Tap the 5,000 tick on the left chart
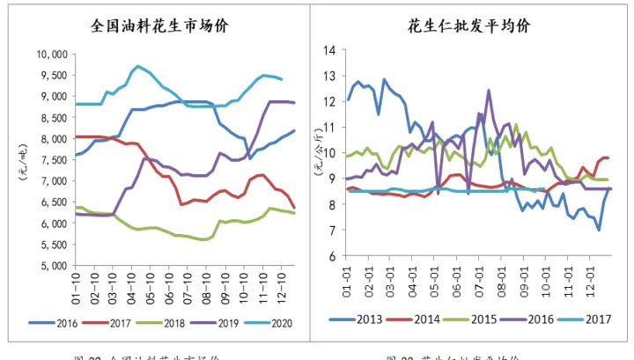[x=52, y=265]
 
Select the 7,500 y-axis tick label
[x=52, y=160]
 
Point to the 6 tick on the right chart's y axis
[x=332, y=256]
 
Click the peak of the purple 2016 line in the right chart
[x=489, y=90]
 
